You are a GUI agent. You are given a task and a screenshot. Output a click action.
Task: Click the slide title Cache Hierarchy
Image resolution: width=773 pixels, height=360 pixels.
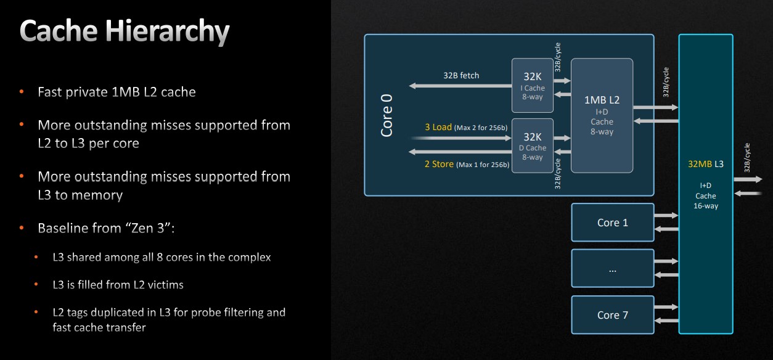pos(125,31)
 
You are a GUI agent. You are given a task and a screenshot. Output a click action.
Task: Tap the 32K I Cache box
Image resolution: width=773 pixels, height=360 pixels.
pos(533,85)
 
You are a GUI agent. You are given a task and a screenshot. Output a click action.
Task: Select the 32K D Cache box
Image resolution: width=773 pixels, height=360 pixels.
pos(533,145)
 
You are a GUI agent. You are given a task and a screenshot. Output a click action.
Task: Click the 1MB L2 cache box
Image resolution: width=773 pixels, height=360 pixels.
pos(602,115)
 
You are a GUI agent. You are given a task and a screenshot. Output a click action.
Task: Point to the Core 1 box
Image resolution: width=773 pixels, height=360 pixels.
pos(613,223)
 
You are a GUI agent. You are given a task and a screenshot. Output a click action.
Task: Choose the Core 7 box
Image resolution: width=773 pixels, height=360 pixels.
pos(613,315)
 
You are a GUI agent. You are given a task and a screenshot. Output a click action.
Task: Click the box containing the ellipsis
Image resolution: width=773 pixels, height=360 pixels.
pos(613,268)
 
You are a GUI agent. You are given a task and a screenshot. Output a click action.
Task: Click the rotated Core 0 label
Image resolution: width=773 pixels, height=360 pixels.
pos(386,115)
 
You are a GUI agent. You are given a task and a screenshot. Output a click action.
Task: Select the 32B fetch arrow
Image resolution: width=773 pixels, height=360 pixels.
pos(460,86)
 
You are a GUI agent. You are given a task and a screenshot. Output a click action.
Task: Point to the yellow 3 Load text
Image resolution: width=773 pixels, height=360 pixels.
pos(438,127)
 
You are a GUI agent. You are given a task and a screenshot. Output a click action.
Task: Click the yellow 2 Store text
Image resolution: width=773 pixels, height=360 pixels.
pos(439,164)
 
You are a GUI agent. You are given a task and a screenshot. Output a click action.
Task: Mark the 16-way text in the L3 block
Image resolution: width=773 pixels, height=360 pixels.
pos(706,206)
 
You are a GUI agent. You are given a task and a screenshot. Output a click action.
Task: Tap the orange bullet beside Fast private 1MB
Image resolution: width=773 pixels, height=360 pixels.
pos(22,91)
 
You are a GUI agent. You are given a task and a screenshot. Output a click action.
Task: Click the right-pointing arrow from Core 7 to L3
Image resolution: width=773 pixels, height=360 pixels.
pos(666,307)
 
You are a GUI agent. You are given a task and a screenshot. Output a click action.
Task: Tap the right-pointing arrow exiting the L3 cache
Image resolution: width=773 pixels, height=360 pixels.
pos(748,179)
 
